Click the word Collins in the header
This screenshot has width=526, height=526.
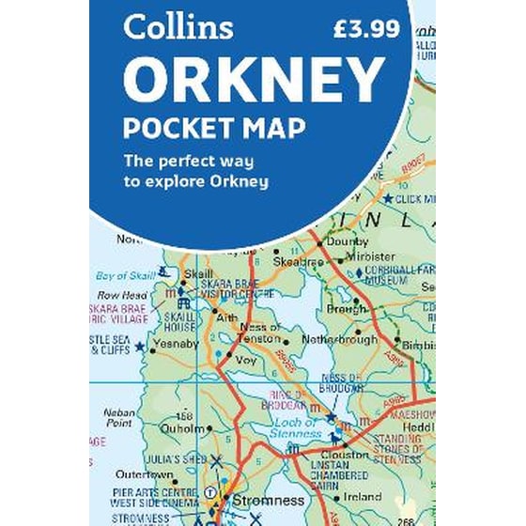click(x=178, y=27)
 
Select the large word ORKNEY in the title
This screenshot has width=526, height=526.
click(x=254, y=81)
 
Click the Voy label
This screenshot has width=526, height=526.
click(x=247, y=358)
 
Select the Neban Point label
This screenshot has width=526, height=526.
click(x=119, y=418)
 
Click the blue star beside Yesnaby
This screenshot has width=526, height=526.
click(x=140, y=347)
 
